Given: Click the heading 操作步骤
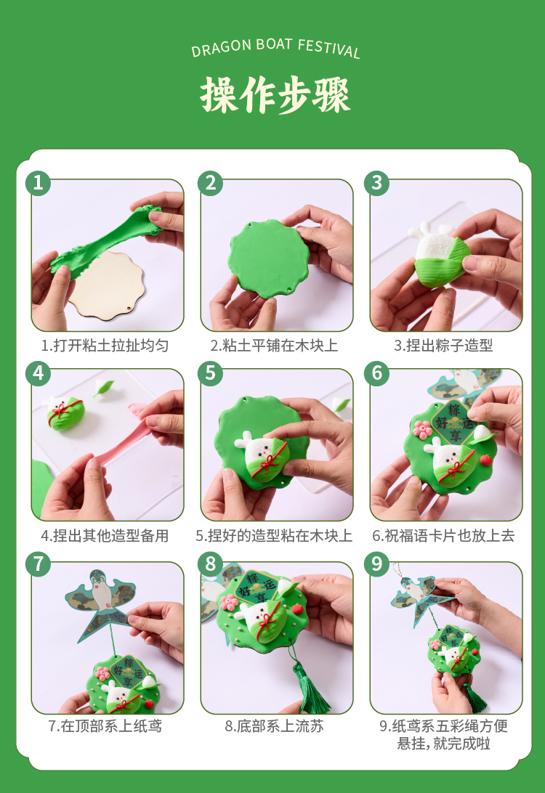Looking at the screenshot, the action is pyautogui.click(x=275, y=95).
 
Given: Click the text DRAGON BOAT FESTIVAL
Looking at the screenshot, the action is pyautogui.click(x=276, y=48).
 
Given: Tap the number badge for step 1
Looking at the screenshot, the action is pyautogui.click(x=38, y=182).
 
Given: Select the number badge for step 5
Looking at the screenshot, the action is pyautogui.click(x=211, y=373).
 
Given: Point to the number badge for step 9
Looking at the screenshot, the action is pyautogui.click(x=377, y=564).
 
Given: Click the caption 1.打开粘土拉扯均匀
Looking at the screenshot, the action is pyautogui.click(x=105, y=346).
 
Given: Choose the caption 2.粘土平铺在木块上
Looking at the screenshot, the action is pyautogui.click(x=274, y=346).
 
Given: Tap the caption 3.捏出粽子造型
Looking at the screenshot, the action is pyautogui.click(x=443, y=346).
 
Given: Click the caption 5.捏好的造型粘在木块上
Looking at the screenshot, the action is pyautogui.click(x=274, y=536).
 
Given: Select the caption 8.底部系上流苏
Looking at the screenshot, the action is pyautogui.click(x=274, y=726).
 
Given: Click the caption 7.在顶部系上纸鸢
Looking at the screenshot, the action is pyautogui.click(x=105, y=726).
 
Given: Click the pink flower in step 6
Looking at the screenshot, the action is pyautogui.click(x=422, y=429).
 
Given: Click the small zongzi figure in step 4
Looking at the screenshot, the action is pyautogui.click(x=63, y=412).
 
